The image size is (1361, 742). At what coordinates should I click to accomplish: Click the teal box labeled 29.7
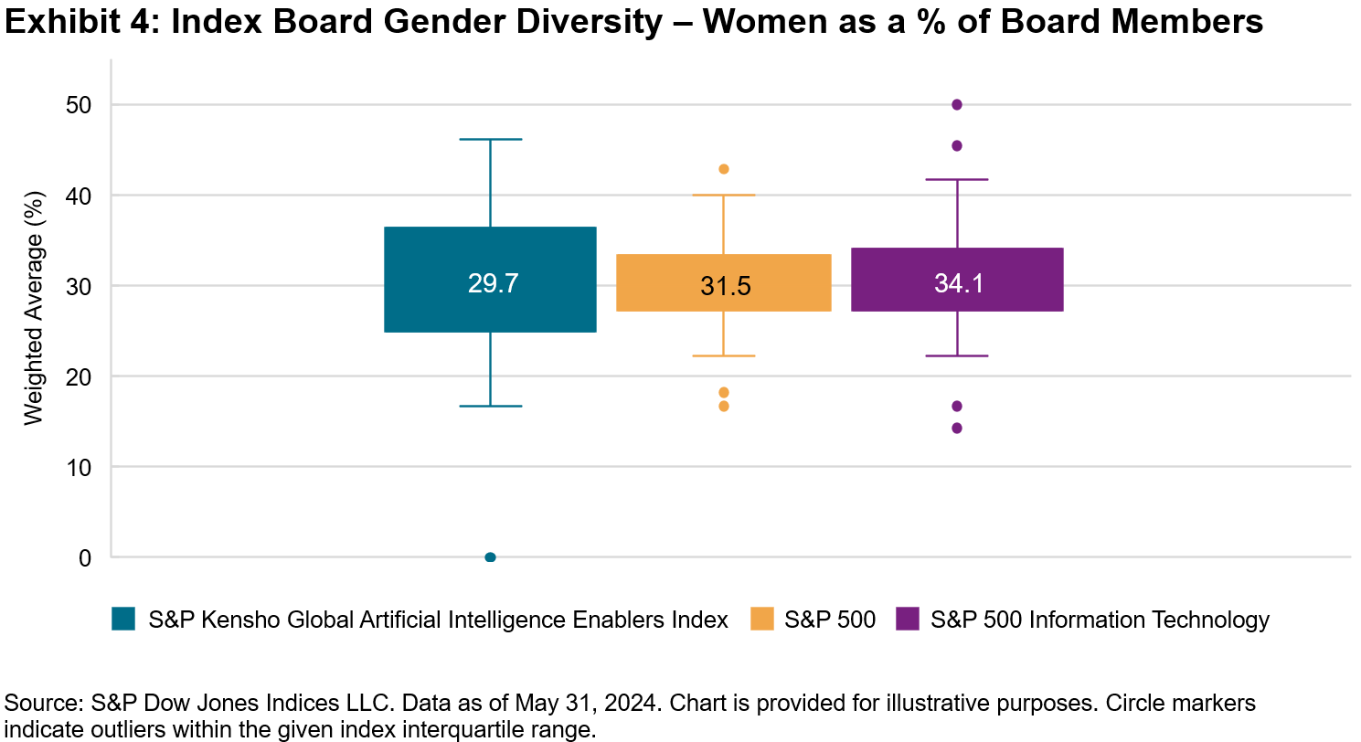pyautogui.click(x=490, y=280)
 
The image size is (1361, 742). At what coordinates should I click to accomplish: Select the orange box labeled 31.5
pyautogui.click(x=723, y=282)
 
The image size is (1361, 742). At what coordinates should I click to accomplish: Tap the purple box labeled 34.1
pyautogui.click(x=957, y=280)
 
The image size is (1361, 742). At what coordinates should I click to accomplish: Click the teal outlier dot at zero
pyautogui.click(x=490, y=557)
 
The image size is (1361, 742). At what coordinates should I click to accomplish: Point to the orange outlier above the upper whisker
pyautogui.click(x=724, y=169)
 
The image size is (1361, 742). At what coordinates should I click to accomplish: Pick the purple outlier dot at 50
pyautogui.click(x=957, y=105)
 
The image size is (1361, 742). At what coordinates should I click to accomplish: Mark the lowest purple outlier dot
pyautogui.click(x=957, y=428)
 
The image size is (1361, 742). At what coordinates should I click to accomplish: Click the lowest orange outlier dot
pyautogui.click(x=724, y=406)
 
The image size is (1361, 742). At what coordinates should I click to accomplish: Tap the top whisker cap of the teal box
pyautogui.click(x=490, y=140)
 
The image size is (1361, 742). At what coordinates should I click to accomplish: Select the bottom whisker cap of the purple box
pyautogui.click(x=957, y=355)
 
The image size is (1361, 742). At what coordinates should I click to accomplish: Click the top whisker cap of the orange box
pyautogui.click(x=724, y=196)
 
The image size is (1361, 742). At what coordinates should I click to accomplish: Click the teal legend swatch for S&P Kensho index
pyautogui.click(x=122, y=620)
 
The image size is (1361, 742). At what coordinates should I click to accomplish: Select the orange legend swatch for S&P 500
pyautogui.click(x=761, y=620)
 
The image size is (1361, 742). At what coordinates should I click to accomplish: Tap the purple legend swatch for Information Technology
pyautogui.click(x=908, y=620)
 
